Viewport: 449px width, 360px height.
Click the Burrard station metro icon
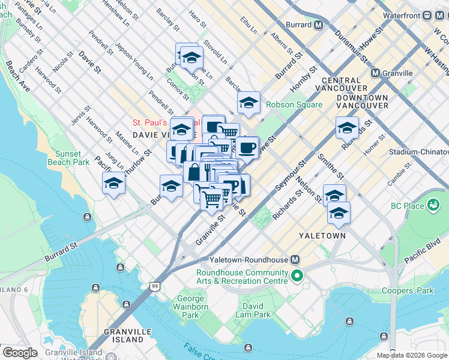tap(318, 26)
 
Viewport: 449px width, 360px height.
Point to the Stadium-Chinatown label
tap(418, 152)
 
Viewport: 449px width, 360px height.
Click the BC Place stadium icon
tap(432, 206)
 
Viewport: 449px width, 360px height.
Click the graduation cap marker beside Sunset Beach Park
tap(113, 184)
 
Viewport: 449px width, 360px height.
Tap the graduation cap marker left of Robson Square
tap(248, 103)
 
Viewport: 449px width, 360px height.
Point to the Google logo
tap(20, 353)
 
